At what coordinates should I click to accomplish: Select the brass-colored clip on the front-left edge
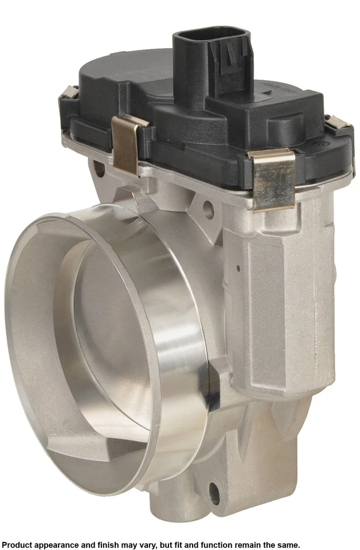[x=127, y=144]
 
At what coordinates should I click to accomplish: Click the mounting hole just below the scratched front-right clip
[x=208, y=210]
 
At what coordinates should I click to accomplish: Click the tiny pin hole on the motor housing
[x=237, y=266]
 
